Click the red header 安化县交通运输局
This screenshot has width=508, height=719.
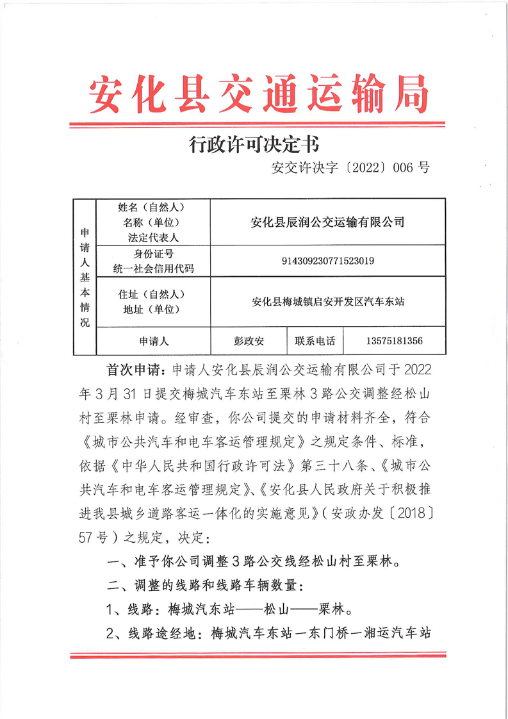point(258,94)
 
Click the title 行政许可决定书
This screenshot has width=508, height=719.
point(254,145)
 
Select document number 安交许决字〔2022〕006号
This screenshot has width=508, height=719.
point(350,168)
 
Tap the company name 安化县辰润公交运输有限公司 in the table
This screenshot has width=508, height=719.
point(327,222)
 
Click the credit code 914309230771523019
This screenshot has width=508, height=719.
point(328,261)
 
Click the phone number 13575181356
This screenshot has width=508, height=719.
point(395,341)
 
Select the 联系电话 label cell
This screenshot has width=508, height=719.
point(315,341)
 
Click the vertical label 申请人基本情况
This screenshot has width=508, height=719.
point(85,276)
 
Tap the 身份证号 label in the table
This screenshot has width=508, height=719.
point(152,254)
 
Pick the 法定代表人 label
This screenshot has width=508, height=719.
point(152,237)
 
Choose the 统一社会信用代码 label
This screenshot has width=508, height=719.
point(152,269)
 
